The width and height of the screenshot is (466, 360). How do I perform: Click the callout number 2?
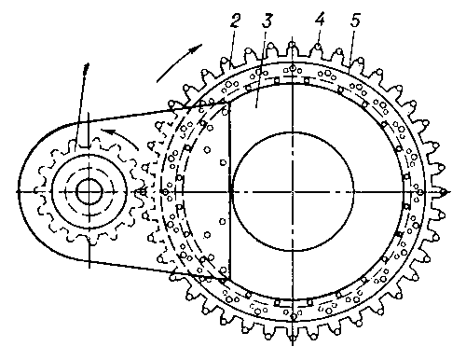coord(235,21)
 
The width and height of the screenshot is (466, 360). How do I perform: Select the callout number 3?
coord(267,20)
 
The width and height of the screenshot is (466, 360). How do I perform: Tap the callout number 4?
coord(320,20)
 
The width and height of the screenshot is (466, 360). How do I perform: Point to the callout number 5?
coord(355,21)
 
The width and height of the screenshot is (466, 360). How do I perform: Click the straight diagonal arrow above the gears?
coord(179,63)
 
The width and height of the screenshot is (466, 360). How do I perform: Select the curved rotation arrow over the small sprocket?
coord(120,137)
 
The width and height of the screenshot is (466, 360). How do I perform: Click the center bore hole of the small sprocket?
coord(89,192)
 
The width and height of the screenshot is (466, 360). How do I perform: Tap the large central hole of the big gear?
coord(293,191)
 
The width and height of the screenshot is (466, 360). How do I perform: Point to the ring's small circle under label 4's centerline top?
coord(293,67)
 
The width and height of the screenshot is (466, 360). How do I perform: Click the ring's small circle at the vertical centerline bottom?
coord(293,316)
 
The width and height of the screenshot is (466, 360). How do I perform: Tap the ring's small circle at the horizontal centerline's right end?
coord(419,192)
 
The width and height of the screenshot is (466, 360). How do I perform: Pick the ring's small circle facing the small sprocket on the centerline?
coord(165,192)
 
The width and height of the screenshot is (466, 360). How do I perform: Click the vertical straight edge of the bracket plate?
coord(230,190)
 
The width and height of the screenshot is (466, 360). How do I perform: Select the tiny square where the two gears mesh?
coord(143,192)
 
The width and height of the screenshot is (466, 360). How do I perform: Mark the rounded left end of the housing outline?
coord(21,191)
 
